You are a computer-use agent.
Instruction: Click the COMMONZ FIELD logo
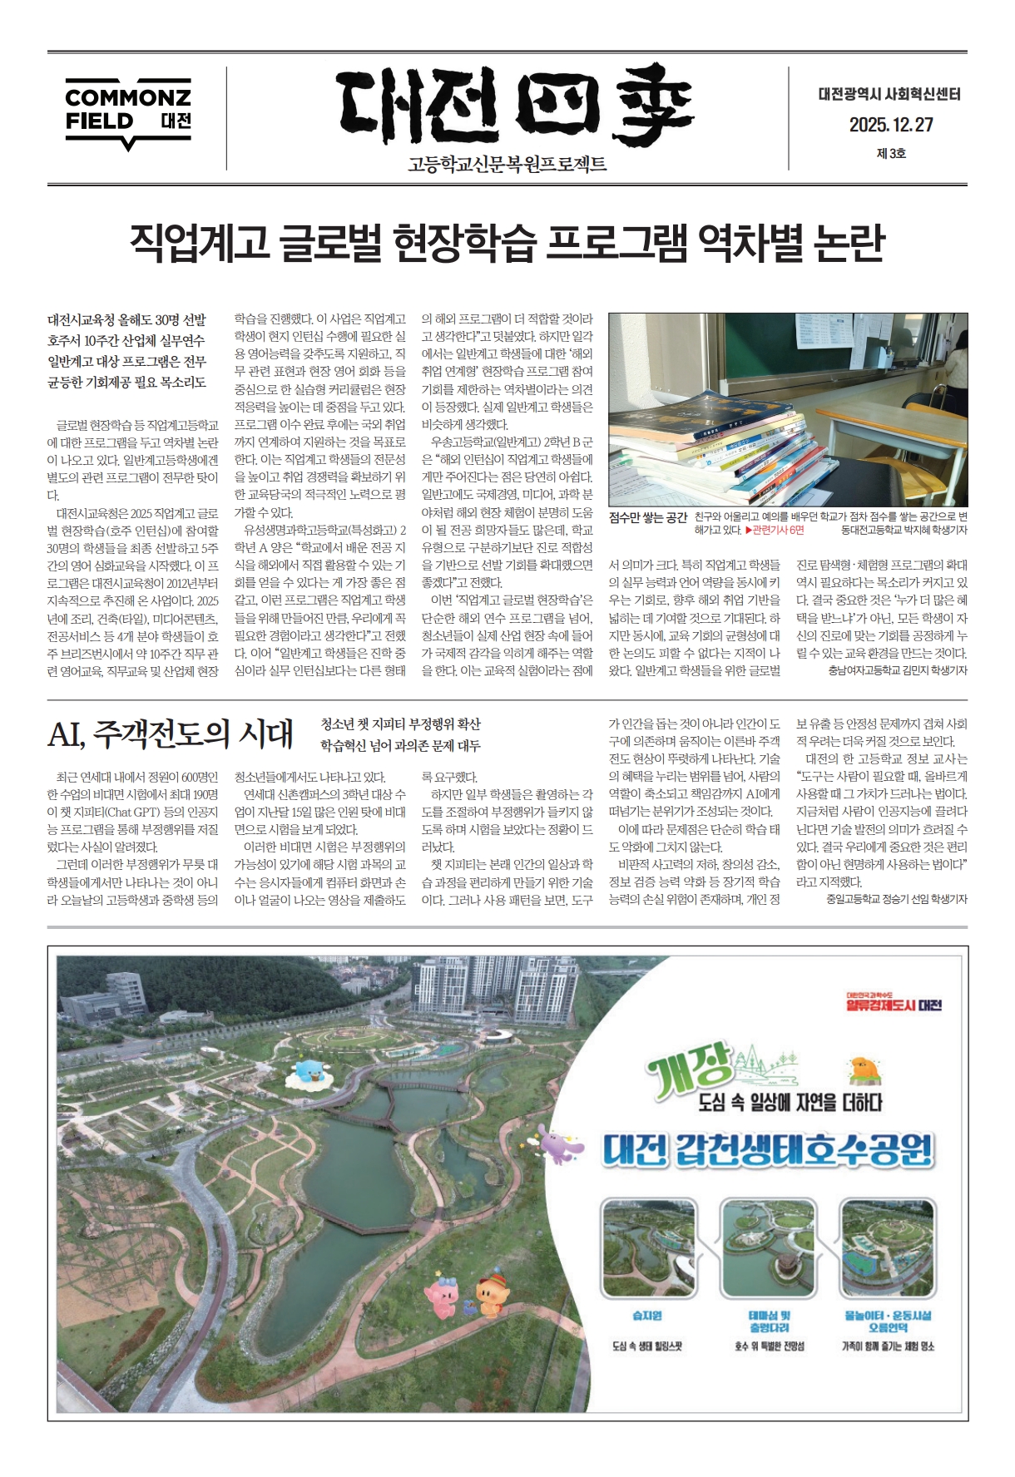(128, 113)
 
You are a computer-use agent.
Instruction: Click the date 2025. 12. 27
(891, 125)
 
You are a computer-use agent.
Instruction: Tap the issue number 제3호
(891, 153)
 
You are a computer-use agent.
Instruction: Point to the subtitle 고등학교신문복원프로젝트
(507, 165)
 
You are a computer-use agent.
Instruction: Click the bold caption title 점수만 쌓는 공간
(648, 517)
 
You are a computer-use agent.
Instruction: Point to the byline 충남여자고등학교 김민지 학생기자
(898, 670)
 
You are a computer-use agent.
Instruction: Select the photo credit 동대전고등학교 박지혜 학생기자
(904, 530)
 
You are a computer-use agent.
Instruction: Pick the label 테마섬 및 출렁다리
(769, 1321)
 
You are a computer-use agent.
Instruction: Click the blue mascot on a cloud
(309, 1074)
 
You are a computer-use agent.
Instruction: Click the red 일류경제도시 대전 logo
(893, 1004)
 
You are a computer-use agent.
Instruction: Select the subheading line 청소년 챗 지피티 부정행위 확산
(400, 724)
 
